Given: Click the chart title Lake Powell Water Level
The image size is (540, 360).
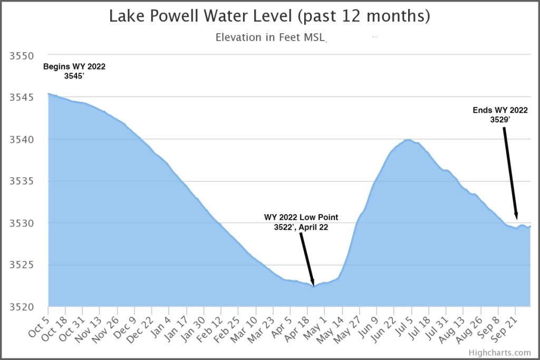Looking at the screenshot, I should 269,16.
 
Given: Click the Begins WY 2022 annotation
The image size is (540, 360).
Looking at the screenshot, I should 74,71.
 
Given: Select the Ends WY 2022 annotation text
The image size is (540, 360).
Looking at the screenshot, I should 500,115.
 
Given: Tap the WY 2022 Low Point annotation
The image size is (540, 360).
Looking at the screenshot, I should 301,222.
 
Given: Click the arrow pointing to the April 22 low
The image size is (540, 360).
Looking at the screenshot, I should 307,258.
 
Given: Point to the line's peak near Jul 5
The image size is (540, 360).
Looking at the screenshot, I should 408,140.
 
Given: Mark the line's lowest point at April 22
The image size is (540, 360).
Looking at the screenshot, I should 314,286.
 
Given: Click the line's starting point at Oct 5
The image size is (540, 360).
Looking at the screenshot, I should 49,94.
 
